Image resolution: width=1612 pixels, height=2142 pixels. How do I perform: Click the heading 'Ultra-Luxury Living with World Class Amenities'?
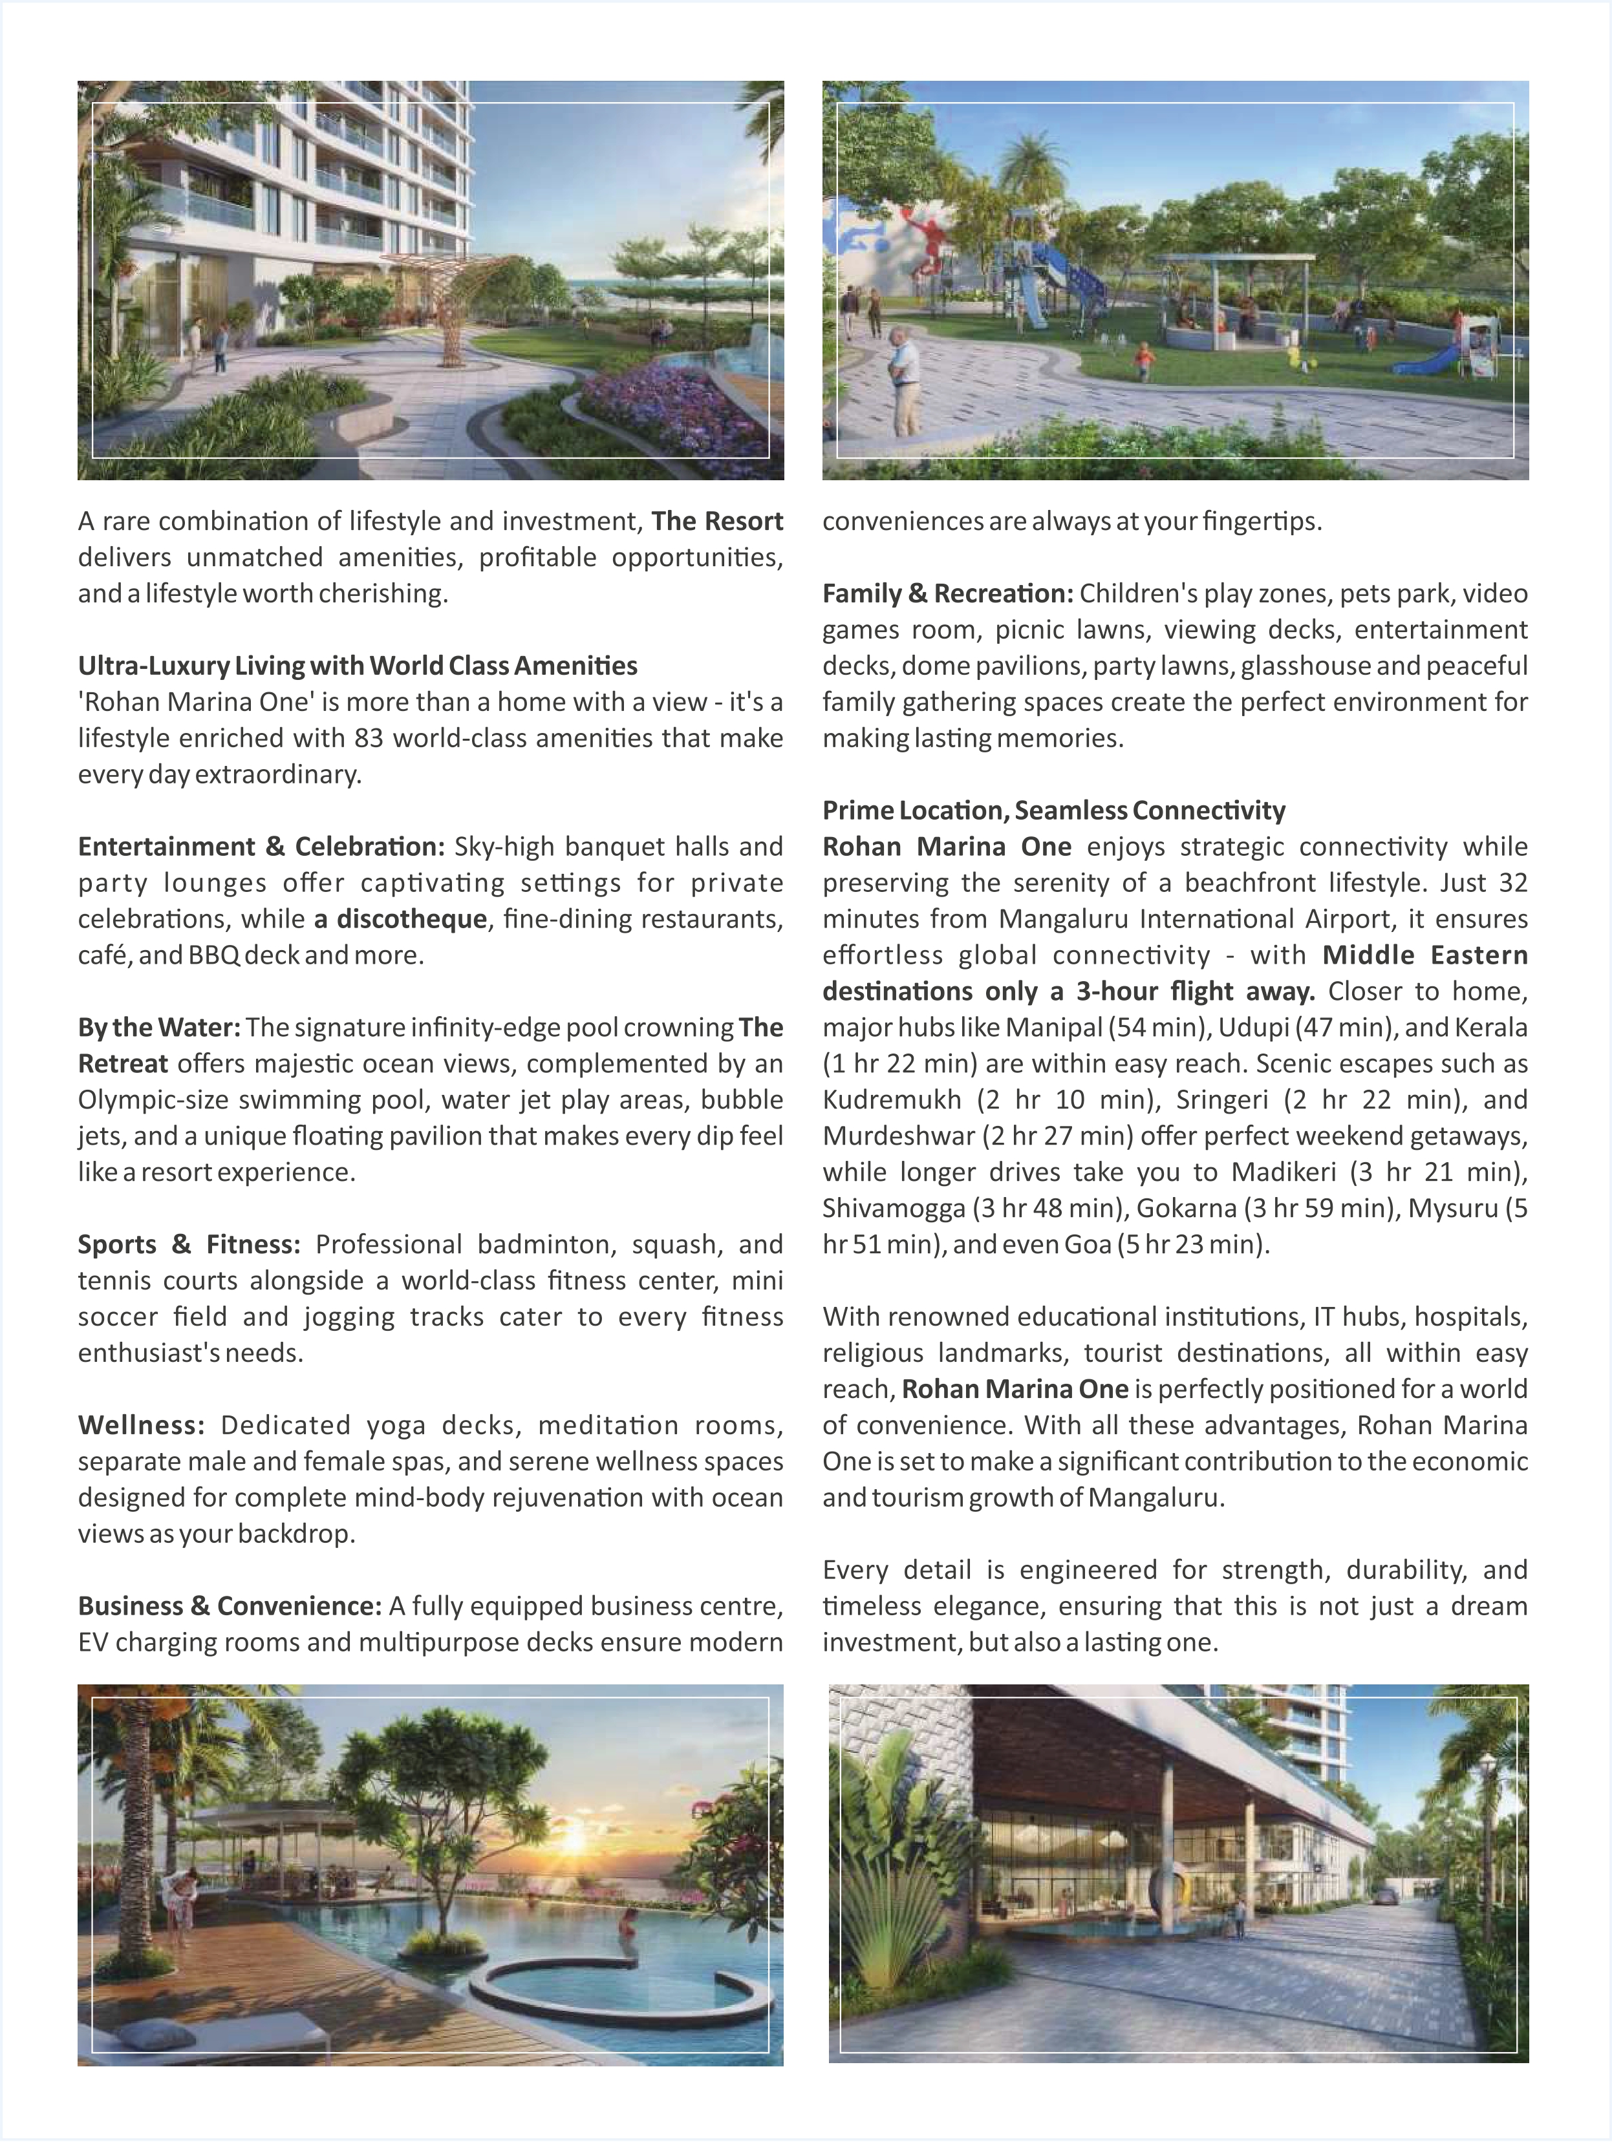coord(358,666)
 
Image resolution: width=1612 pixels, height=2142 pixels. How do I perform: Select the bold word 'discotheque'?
coord(412,919)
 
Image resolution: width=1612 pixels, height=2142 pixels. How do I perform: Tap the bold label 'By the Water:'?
coord(159,1028)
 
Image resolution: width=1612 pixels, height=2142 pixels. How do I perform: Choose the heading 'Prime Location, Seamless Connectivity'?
coord(1054,811)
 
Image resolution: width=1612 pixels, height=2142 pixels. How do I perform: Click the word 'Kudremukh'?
coord(891,1100)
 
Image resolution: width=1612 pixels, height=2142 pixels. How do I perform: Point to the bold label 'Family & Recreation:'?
coord(947,593)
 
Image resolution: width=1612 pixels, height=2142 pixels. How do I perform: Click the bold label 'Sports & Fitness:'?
coord(189,1244)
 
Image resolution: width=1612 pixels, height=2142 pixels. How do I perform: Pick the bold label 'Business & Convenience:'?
coord(230,1607)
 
